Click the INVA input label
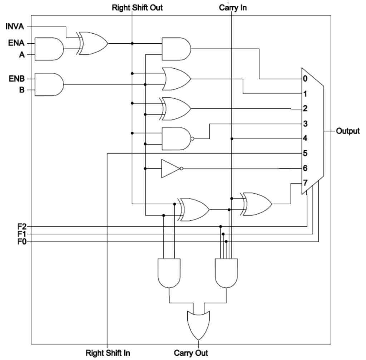(15, 26)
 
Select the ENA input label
(16, 43)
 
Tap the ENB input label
(16, 78)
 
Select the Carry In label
(232, 7)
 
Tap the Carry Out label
(191, 353)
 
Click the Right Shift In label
(108, 353)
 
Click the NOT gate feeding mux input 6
(170, 169)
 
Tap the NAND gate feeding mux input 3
(176, 138)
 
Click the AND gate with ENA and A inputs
(49, 49)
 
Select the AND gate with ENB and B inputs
(49, 84)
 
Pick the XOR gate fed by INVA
(93, 43)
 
